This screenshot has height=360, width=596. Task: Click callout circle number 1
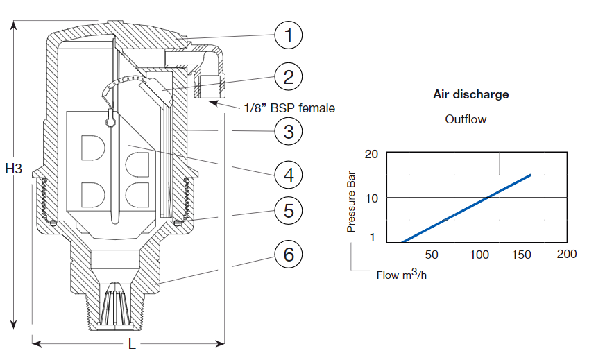pyautogui.click(x=289, y=35)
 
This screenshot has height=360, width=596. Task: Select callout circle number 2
pyautogui.click(x=289, y=77)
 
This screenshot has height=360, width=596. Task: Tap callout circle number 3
pyautogui.click(x=289, y=130)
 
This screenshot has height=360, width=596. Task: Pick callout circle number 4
pyautogui.click(x=289, y=175)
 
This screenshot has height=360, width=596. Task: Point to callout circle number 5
pyautogui.click(x=289, y=210)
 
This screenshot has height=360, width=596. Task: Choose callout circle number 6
pyautogui.click(x=289, y=254)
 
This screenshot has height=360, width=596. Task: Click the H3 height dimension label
pyautogui.click(x=14, y=168)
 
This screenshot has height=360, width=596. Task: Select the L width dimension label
pyautogui.click(x=132, y=344)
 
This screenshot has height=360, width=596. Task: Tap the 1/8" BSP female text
pyautogui.click(x=289, y=108)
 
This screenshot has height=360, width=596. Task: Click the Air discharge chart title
pyautogui.click(x=471, y=94)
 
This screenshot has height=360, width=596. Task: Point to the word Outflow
pyautogui.click(x=466, y=119)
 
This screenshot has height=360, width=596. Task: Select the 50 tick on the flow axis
pyautogui.click(x=432, y=255)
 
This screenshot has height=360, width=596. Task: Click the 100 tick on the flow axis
pyautogui.click(x=480, y=255)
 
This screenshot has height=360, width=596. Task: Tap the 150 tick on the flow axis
pyautogui.click(x=522, y=255)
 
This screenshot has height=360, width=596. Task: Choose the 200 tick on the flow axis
pyautogui.click(x=567, y=254)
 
